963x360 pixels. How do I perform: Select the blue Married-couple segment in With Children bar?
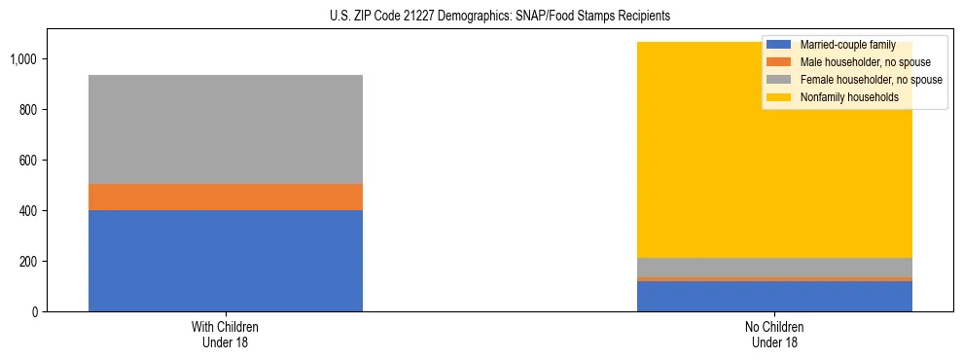pos(226,261)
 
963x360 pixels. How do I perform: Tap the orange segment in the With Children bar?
pos(226,198)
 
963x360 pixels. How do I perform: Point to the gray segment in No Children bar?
pos(774,268)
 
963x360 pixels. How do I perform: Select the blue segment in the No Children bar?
pos(774,296)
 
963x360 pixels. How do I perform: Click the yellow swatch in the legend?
pos(779,97)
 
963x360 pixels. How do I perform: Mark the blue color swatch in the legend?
pos(779,45)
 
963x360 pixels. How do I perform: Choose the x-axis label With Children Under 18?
pos(226,334)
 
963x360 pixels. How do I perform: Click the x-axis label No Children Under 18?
pos(774,334)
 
